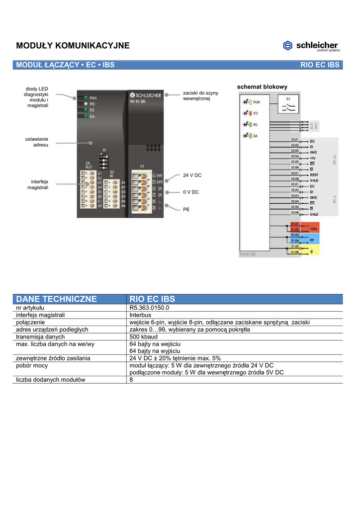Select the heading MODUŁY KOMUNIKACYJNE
point(73,46)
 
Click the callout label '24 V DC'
point(192,175)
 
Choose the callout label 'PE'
point(186,210)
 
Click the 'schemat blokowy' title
point(262,87)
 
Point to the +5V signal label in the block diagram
point(313,157)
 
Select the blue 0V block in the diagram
point(313,240)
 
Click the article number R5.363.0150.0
point(149,309)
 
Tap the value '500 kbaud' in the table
point(144,337)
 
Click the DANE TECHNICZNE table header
point(56,299)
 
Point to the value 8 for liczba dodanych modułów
point(131,380)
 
